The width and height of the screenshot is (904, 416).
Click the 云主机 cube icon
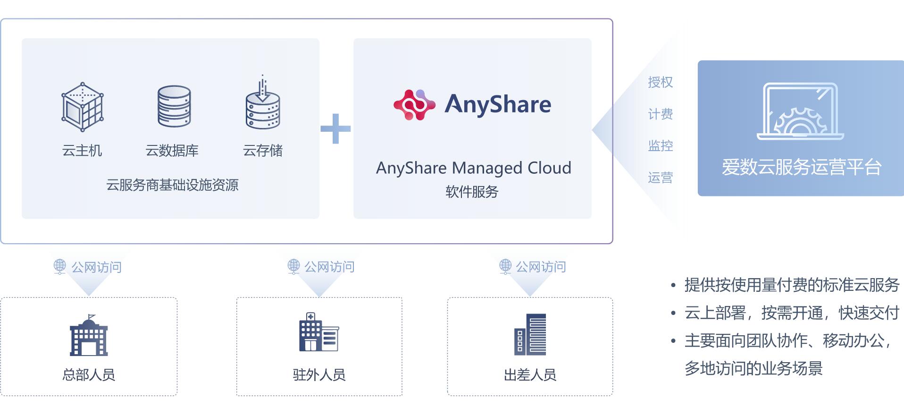[83, 107]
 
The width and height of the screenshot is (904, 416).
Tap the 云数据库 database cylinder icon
[174, 106]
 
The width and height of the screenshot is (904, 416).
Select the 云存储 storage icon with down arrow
[263, 104]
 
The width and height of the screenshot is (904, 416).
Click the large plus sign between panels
[335, 128]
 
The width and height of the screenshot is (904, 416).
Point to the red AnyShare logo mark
[414, 104]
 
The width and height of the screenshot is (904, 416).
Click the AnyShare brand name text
[497, 104]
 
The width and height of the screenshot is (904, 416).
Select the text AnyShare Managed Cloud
[473, 168]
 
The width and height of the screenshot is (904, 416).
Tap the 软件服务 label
[472, 192]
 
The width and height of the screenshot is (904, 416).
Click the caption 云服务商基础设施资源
[172, 185]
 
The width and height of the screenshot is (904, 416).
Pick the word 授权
[660, 82]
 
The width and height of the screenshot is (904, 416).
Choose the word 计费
[660, 114]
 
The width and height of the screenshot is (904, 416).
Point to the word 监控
[660, 146]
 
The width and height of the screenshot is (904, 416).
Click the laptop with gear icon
[800, 112]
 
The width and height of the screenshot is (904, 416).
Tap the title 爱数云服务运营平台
[801, 167]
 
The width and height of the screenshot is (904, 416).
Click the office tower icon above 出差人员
[530, 334]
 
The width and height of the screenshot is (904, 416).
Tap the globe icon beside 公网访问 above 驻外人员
[294, 266]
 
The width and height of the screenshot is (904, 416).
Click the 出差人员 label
[530, 375]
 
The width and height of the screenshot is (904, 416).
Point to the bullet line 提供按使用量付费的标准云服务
[792, 285]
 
